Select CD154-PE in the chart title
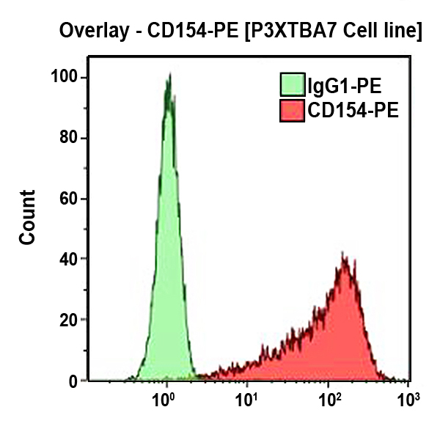coord(188,32)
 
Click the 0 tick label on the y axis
coord(73,381)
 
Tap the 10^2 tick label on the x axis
coord(328,400)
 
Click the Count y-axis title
coord(27,217)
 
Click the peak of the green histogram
coord(169,76)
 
